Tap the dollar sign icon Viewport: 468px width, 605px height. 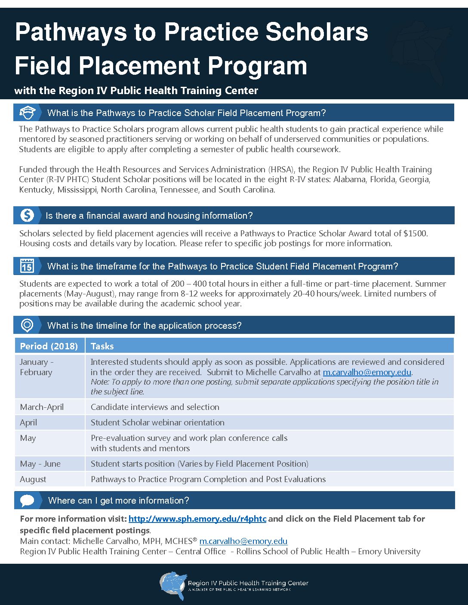27,215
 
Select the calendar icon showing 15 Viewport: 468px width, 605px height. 27,266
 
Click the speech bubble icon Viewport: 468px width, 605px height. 27,501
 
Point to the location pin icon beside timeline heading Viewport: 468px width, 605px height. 27,325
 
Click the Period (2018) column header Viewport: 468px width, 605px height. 49,346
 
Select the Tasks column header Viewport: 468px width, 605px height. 102,346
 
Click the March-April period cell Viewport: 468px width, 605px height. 42,407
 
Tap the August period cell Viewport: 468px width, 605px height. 33,479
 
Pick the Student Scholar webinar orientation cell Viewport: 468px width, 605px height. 157,422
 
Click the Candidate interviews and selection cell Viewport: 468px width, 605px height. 155,407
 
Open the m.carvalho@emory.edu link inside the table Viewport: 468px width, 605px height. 367,372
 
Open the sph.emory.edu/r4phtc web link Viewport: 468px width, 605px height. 197,519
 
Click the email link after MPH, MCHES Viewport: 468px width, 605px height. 243,541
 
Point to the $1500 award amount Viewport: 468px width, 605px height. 415,233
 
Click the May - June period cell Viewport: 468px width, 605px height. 40,464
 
